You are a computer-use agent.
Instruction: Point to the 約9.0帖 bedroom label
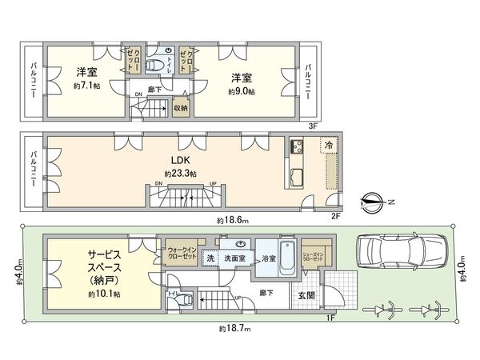[243, 85]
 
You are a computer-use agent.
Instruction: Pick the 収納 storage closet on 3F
[181, 107]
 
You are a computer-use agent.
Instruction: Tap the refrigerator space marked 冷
[328, 145]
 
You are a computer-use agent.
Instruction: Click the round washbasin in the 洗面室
[239, 245]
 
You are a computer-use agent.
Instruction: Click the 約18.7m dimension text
[232, 329]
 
